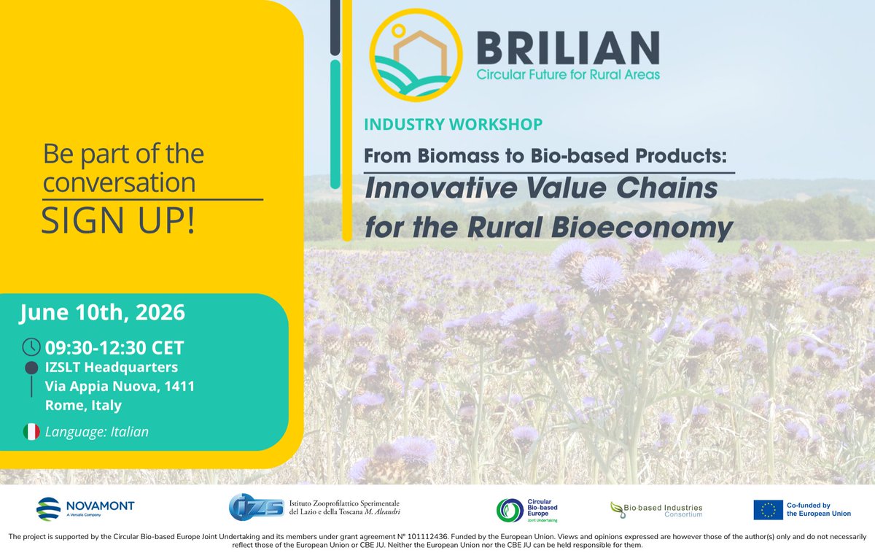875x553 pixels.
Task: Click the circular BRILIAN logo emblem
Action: [416, 55]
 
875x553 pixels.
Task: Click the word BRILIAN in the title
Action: [568, 48]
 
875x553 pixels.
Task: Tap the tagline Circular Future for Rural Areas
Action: [568, 74]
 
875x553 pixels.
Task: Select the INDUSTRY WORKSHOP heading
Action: [453, 124]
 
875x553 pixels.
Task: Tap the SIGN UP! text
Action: [118, 220]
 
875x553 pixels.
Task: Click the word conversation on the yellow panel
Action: [119, 182]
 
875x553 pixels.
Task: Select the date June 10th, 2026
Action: [102, 312]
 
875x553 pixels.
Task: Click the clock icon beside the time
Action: [31, 347]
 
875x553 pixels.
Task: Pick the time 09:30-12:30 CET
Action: [114, 348]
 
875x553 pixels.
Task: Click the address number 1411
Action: [179, 386]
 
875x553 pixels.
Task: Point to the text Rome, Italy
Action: [83, 406]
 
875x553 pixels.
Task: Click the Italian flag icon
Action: [31, 432]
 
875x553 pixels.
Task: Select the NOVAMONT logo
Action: [85, 508]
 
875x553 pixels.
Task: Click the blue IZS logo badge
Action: [256, 507]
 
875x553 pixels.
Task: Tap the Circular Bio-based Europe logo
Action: [527, 511]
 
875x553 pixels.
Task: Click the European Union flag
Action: [768, 510]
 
